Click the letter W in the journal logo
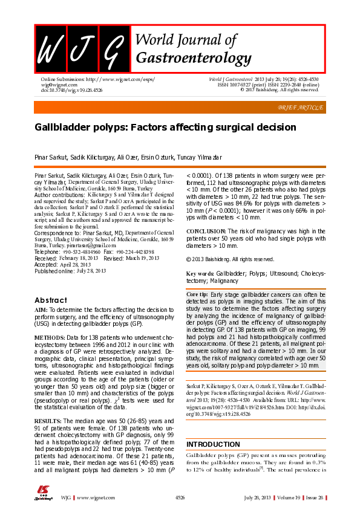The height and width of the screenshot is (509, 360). click(x=50, y=47)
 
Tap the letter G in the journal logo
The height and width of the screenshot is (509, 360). click(x=112, y=47)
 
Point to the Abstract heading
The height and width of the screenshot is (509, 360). click(x=51, y=300)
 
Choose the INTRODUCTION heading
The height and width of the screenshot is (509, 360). click(x=213, y=427)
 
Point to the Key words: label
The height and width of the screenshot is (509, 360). click(x=200, y=274)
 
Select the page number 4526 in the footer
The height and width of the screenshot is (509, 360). click(x=180, y=497)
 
